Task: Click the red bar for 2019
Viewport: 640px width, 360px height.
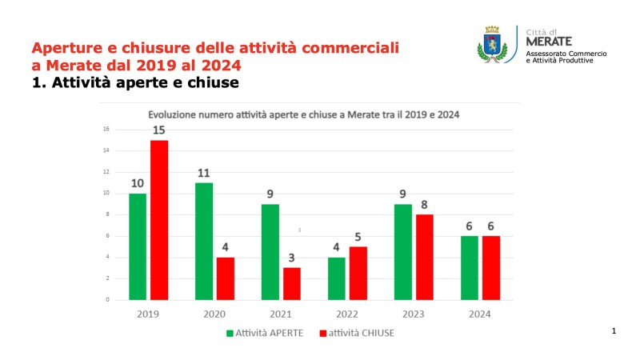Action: point(158,220)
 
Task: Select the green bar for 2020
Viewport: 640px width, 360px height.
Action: point(203,241)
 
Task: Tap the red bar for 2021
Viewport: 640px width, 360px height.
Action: point(294,283)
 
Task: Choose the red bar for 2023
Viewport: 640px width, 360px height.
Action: point(426,257)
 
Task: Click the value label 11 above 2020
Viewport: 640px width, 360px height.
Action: point(203,174)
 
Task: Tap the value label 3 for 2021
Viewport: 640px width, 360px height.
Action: point(294,258)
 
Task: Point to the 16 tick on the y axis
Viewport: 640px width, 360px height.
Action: point(106,129)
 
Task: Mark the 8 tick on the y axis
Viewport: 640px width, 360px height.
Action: point(107,214)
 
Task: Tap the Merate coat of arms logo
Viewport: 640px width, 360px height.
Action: point(493,43)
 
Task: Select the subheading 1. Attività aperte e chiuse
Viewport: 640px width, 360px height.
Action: point(135,82)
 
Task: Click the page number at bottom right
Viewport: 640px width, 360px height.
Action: point(614,330)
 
